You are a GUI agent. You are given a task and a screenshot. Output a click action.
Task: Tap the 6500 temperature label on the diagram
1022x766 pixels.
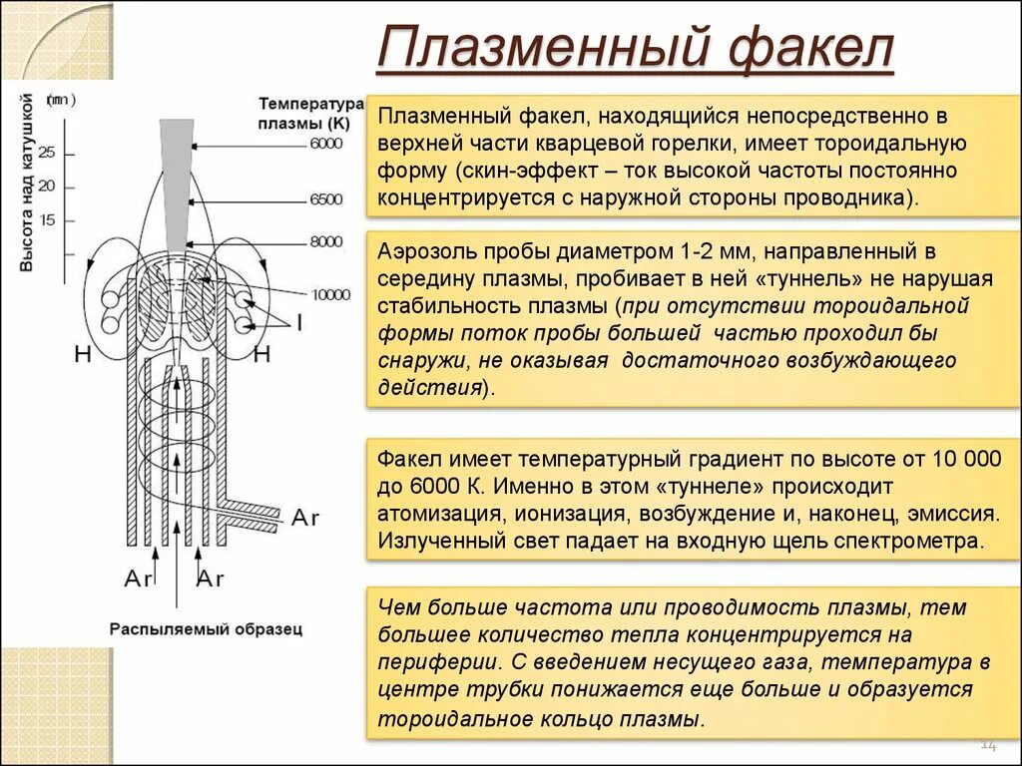pyautogui.click(x=325, y=199)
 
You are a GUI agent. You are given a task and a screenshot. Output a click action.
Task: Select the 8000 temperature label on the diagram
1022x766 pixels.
pyautogui.click(x=325, y=241)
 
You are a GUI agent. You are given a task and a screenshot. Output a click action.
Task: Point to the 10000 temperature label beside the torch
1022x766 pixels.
pyautogui.click(x=330, y=294)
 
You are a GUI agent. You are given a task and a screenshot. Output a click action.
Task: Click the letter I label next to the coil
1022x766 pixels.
pyautogui.click(x=298, y=321)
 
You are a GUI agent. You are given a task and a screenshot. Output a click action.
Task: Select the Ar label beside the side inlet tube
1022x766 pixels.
pyautogui.click(x=304, y=517)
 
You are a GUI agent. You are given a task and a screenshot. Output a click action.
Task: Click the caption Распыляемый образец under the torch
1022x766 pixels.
pyautogui.click(x=206, y=629)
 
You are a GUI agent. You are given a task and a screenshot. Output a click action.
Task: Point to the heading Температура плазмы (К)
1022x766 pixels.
pyautogui.click(x=310, y=113)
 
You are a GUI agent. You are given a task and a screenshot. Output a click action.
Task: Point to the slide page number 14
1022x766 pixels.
pyautogui.click(x=989, y=744)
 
